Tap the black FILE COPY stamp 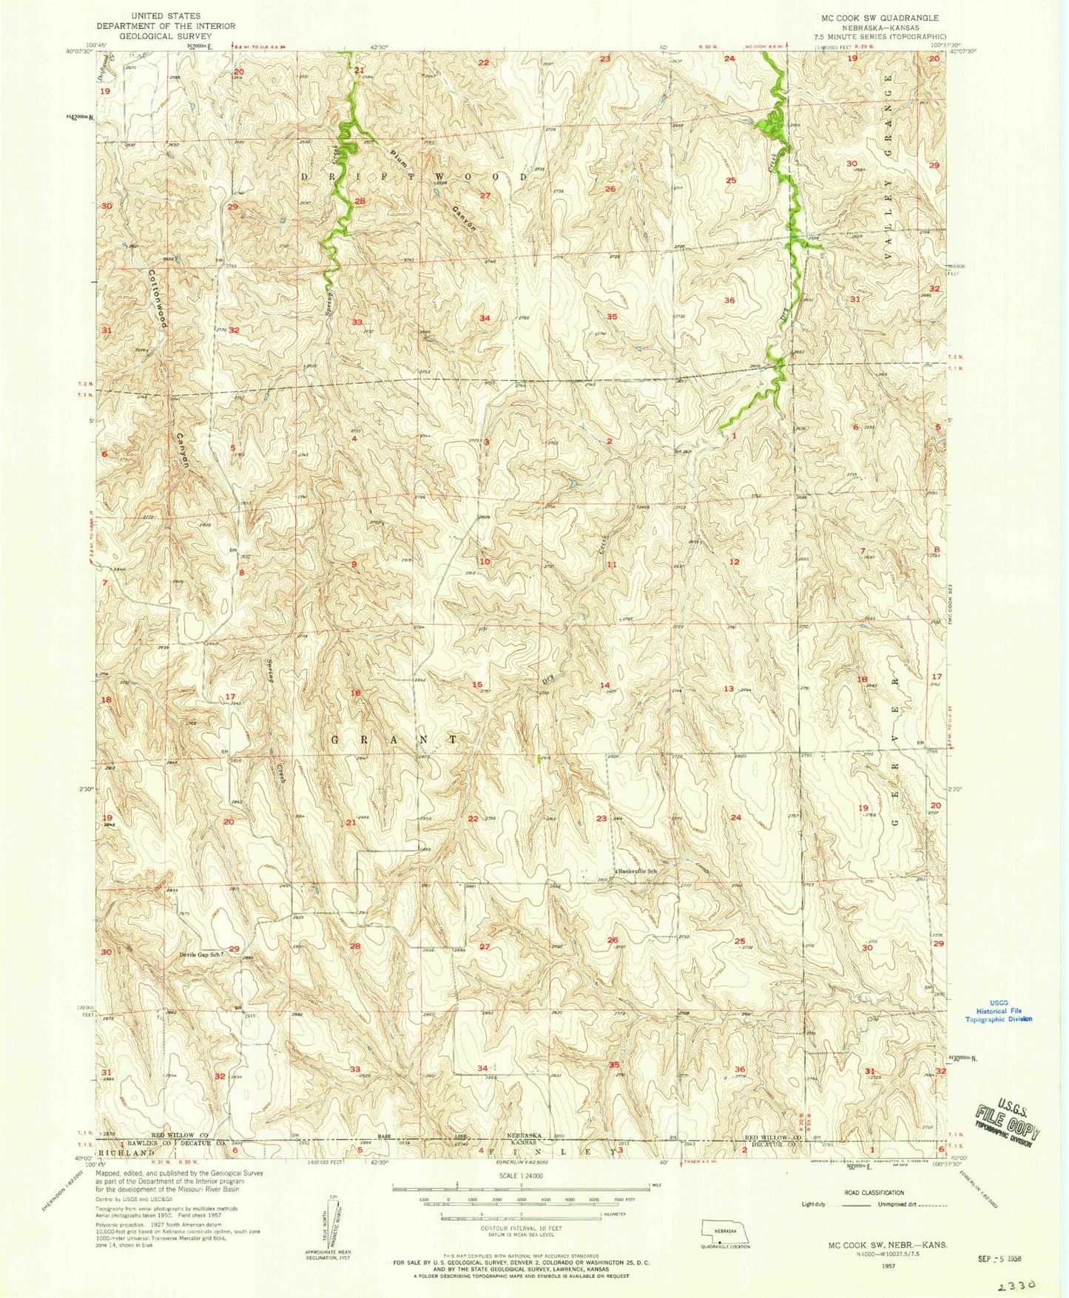pyautogui.click(x=1006, y=1117)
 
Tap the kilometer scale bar pyautogui.click(x=521, y=1214)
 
